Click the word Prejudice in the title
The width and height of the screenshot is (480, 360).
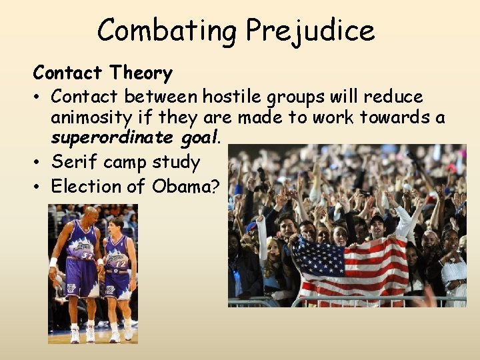pos(310,31)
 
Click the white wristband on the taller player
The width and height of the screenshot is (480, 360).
pos(53,262)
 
